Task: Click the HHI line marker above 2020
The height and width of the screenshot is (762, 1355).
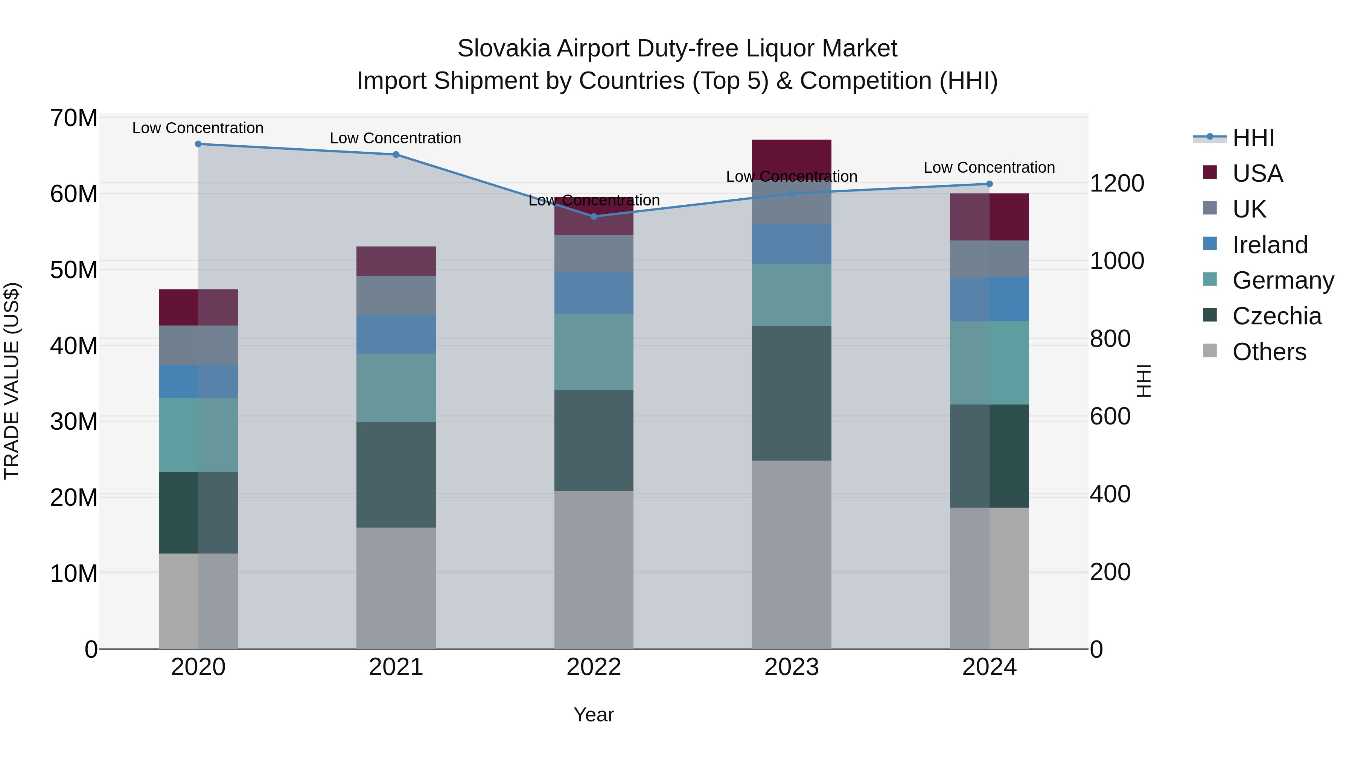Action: (x=198, y=144)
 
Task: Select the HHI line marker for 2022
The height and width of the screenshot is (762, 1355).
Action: (x=594, y=217)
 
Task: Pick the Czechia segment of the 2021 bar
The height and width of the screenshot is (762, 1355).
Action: (x=396, y=475)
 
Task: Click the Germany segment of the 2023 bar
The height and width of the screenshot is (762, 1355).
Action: (x=791, y=295)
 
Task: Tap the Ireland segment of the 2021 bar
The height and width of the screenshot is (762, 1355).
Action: (x=396, y=335)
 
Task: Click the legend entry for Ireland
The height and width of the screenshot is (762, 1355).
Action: (x=1269, y=245)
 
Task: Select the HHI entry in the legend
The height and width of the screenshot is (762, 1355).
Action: (x=1253, y=138)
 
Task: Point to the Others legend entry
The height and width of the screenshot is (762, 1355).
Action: (x=1269, y=352)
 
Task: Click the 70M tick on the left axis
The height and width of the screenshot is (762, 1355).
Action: (x=74, y=118)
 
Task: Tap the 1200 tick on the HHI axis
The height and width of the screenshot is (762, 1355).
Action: (x=1116, y=184)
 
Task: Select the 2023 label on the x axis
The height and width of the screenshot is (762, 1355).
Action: (x=791, y=667)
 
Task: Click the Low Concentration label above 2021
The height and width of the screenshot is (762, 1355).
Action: (x=396, y=138)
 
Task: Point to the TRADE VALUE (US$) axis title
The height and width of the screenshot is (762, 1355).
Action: (x=12, y=381)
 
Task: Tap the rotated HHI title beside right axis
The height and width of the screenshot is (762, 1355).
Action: (x=1143, y=381)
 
